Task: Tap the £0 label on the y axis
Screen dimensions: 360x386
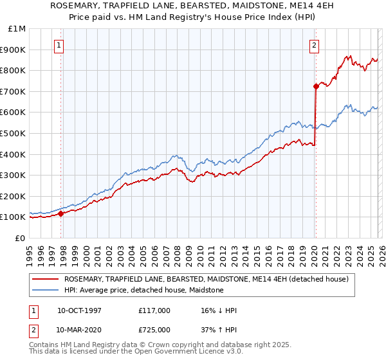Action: click(x=21, y=238)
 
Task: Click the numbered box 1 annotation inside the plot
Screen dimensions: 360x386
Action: click(x=59, y=45)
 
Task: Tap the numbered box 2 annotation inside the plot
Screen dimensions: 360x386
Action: click(x=314, y=45)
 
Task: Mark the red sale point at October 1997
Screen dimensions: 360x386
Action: click(x=61, y=213)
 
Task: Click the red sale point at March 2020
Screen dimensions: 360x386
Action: click(x=316, y=86)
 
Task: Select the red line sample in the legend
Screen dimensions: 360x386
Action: click(x=46, y=279)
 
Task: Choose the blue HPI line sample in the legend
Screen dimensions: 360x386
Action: click(x=46, y=290)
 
